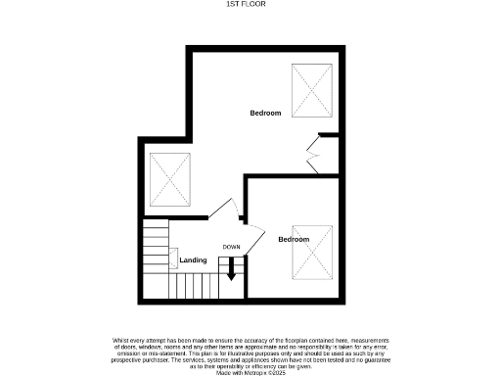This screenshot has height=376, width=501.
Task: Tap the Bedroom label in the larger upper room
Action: [x=265, y=114]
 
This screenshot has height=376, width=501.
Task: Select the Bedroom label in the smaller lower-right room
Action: [x=294, y=239]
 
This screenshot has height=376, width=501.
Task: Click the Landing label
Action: [x=193, y=260]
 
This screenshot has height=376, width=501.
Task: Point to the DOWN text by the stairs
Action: [x=231, y=247]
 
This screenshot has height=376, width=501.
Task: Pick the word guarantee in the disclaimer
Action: [x=369, y=359]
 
